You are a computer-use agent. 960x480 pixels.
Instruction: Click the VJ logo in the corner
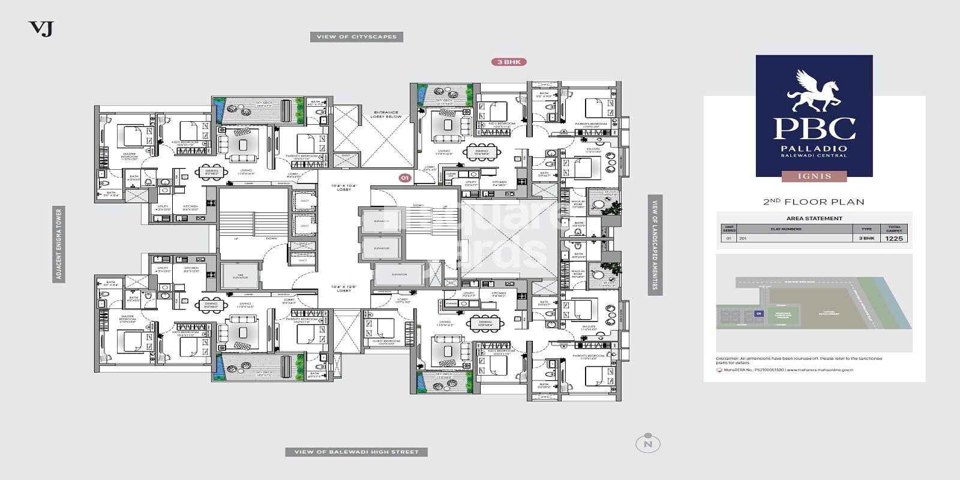pos(41,29)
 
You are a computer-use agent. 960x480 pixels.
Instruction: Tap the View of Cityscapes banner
pos(356,37)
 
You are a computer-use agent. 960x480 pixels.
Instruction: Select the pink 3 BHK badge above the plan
pos(509,62)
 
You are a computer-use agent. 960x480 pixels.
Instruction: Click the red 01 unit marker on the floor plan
pos(404,178)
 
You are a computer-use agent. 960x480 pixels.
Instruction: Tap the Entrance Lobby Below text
pos(386,114)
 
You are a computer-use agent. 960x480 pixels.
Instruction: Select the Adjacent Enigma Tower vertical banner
pos(59,244)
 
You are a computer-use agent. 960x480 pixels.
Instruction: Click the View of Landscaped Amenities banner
pos(655,244)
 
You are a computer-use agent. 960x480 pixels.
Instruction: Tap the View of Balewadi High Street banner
pos(356,452)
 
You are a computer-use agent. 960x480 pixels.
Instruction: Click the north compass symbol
pos(647,443)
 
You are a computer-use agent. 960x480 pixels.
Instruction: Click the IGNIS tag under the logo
pos(814,176)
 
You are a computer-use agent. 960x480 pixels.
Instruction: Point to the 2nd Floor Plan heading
pos(814,202)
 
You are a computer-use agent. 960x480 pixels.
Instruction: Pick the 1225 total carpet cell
pos(894,238)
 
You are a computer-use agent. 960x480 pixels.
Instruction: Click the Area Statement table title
pos(814,218)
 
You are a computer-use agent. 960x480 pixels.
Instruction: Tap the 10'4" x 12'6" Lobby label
pos(344,289)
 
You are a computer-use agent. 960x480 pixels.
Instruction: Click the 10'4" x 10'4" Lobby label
pos(344,188)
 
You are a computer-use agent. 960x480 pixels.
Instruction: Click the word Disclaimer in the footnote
pos(728,358)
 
